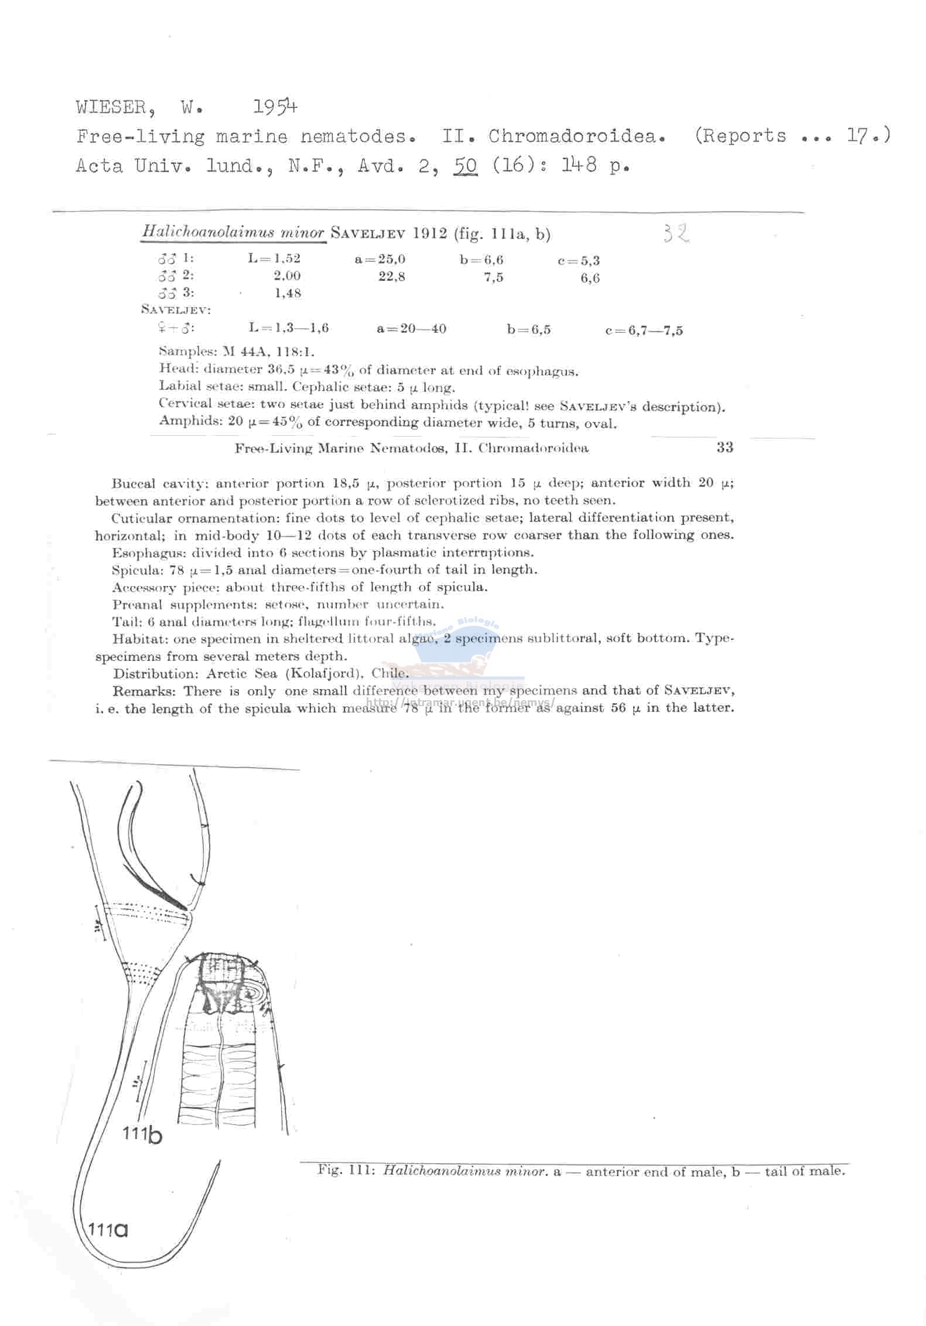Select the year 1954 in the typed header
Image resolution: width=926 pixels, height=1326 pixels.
[x=275, y=107]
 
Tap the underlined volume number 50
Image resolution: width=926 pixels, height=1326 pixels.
[x=465, y=166]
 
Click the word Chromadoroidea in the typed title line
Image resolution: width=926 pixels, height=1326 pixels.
[x=576, y=136]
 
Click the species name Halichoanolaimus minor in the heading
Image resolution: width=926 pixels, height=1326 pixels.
[x=233, y=233]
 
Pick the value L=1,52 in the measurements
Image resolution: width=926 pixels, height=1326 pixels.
[x=274, y=259]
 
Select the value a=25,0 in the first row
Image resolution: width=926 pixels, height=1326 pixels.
[x=380, y=259]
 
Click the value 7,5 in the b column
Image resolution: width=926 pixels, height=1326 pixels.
[x=493, y=278]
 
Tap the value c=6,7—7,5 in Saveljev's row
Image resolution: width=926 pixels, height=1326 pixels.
[x=644, y=330]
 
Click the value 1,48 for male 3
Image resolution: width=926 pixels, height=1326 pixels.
[x=288, y=293]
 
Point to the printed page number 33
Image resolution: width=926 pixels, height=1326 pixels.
[x=725, y=448]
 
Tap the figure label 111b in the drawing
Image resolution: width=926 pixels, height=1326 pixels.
[x=142, y=1135]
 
